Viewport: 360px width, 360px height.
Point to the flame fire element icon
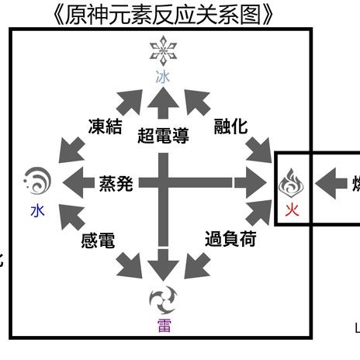[292, 184]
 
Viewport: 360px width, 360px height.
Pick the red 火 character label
[292, 209]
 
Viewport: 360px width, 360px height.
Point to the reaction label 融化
[230, 126]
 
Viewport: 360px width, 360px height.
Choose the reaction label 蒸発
[116, 184]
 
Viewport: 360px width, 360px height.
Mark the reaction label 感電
[98, 241]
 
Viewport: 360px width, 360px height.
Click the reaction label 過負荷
[230, 239]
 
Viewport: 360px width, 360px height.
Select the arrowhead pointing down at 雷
[163, 268]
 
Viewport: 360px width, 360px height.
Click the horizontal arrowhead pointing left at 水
[74, 184]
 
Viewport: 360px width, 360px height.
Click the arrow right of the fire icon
[332, 184]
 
